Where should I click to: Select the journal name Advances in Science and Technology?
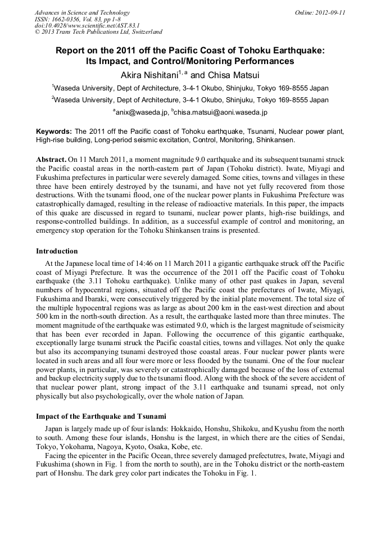82,12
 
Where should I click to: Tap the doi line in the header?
87,25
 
